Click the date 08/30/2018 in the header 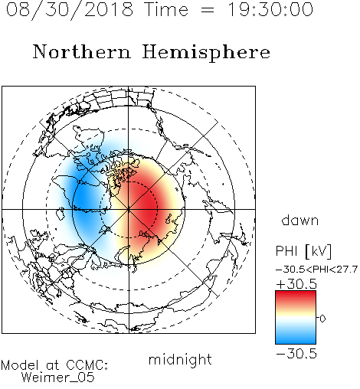click(x=70, y=9)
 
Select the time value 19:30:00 click(x=270, y=9)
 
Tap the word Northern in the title click(x=82, y=52)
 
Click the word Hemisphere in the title click(x=206, y=53)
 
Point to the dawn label click(x=300, y=220)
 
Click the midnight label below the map click(x=180, y=360)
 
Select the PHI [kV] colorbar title click(x=303, y=251)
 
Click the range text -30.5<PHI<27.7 click(x=316, y=270)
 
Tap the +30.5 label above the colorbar click(x=296, y=284)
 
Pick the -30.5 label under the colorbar click(x=296, y=354)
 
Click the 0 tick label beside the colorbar click(x=322, y=319)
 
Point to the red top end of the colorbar click(x=296, y=293)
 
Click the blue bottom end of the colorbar click(x=296, y=342)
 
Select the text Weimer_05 click(x=58, y=378)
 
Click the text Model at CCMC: click(x=54, y=365)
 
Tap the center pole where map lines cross click(x=129, y=209)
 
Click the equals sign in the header click(x=208, y=10)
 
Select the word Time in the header click(x=166, y=9)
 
